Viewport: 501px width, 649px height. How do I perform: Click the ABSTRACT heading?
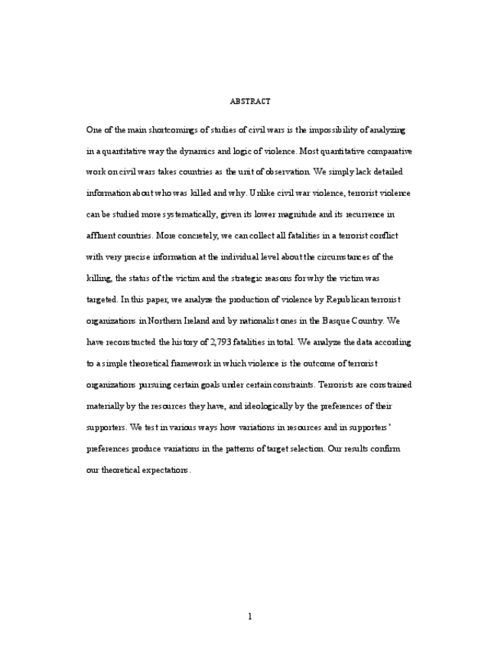coord(250,101)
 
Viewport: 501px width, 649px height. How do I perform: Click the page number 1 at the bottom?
coord(250,617)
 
